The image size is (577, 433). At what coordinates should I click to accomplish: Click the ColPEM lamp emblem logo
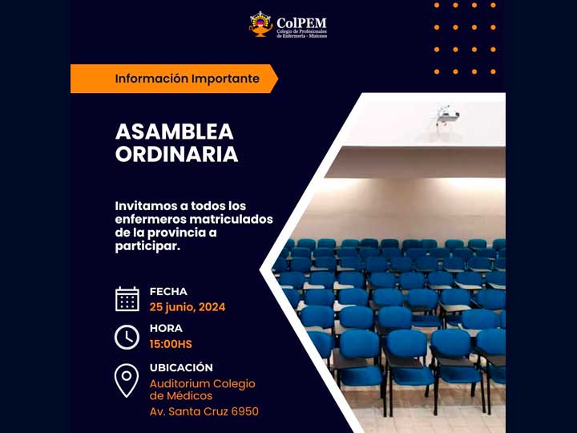click(261, 24)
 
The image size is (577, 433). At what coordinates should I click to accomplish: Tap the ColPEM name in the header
click(301, 22)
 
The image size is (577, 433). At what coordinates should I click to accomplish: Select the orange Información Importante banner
click(174, 79)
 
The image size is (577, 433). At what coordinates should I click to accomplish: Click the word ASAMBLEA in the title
click(175, 132)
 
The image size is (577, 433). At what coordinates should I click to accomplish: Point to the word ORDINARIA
click(176, 154)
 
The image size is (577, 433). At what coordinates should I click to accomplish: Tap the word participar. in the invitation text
click(147, 246)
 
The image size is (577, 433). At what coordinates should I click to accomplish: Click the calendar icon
click(127, 299)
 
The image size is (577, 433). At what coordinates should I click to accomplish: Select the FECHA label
click(168, 292)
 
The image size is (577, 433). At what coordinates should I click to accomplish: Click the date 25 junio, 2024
click(188, 307)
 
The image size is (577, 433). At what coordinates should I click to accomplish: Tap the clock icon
click(127, 337)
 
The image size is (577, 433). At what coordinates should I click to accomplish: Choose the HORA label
click(166, 328)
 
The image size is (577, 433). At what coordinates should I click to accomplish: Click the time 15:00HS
click(171, 344)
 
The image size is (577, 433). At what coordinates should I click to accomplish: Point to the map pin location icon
click(127, 380)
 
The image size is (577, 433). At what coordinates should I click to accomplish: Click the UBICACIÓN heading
click(181, 367)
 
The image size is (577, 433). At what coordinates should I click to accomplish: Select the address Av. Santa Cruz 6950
click(204, 411)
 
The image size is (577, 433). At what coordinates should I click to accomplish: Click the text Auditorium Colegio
click(203, 384)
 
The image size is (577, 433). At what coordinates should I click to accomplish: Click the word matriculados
click(231, 220)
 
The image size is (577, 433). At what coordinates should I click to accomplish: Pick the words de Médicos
click(181, 396)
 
